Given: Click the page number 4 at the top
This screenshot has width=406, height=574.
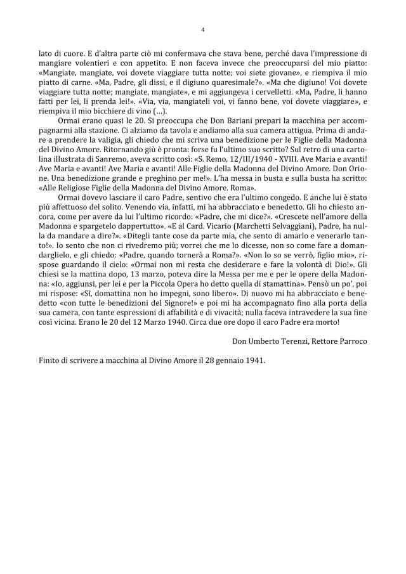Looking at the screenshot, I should pos(202,29).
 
